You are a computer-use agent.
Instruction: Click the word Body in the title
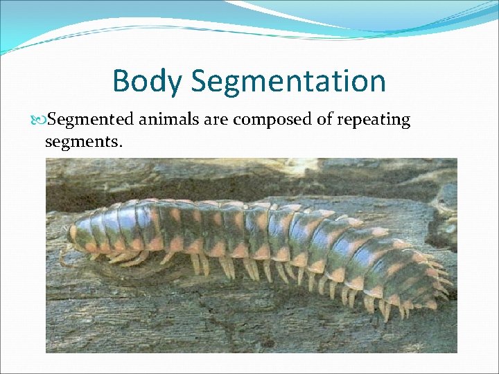147,81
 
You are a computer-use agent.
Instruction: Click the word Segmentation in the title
288,81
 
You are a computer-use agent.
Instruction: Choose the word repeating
374,121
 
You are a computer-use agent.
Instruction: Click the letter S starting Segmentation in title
200,81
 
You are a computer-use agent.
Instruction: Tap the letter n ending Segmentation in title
377,83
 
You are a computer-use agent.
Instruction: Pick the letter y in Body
173,84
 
